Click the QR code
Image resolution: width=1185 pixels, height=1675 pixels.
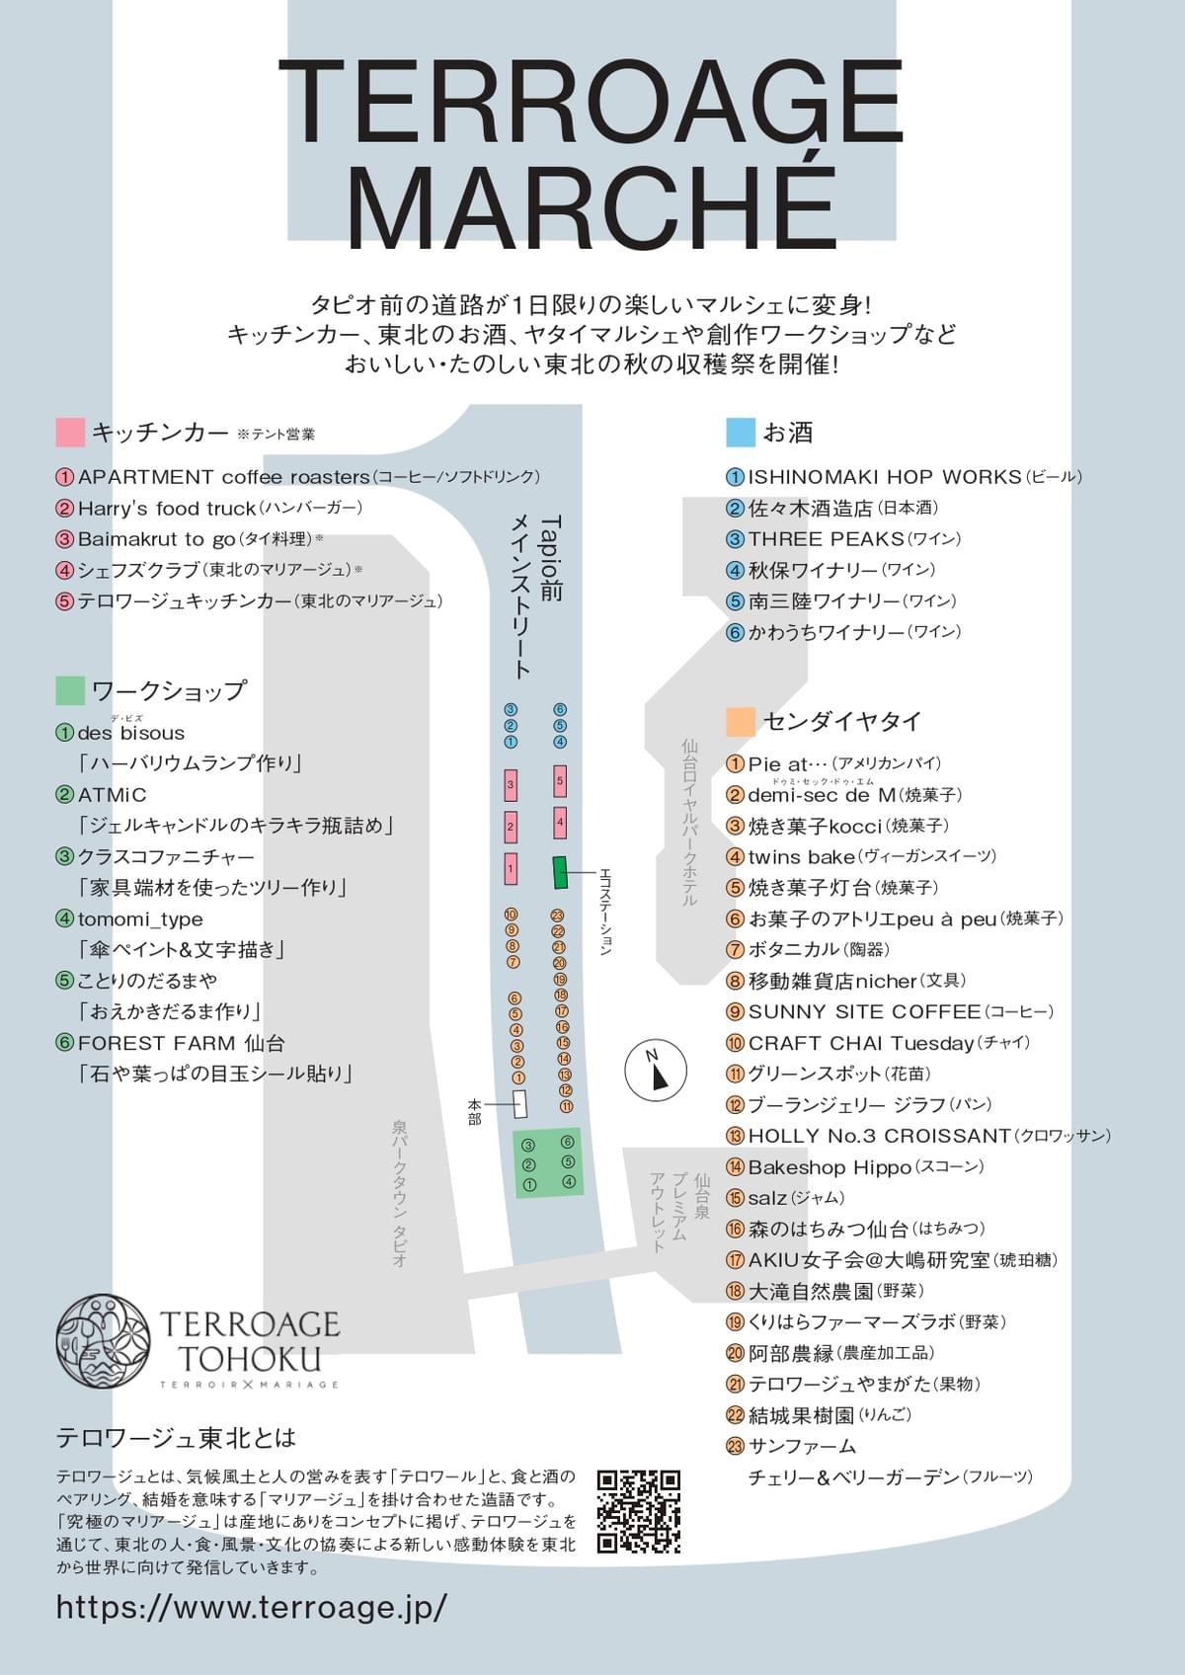click(639, 1511)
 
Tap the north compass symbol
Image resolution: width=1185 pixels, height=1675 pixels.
click(656, 1068)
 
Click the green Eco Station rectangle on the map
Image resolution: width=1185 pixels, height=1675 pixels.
click(560, 872)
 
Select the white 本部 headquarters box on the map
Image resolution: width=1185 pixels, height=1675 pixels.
click(520, 1103)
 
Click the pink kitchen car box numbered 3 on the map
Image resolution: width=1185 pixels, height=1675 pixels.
click(511, 785)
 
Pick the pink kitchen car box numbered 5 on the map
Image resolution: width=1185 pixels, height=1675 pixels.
click(560, 781)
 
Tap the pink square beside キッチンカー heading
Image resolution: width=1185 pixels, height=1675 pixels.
click(70, 433)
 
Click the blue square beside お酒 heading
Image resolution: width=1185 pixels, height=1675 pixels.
click(741, 432)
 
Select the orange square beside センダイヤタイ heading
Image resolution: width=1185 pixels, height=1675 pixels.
click(741, 722)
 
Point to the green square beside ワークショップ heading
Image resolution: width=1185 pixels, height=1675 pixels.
click(70, 690)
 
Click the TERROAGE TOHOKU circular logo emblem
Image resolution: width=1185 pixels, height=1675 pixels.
click(103, 1342)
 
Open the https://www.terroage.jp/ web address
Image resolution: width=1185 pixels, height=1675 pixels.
click(252, 1606)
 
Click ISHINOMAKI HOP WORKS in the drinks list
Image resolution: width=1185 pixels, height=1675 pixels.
click(884, 477)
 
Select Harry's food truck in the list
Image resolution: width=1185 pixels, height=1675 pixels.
click(167, 509)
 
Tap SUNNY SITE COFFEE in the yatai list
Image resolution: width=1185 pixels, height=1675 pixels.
click(864, 1012)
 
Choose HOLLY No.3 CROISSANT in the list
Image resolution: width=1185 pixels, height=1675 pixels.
click(879, 1136)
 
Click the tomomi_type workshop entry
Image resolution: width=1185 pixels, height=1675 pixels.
click(140, 919)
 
